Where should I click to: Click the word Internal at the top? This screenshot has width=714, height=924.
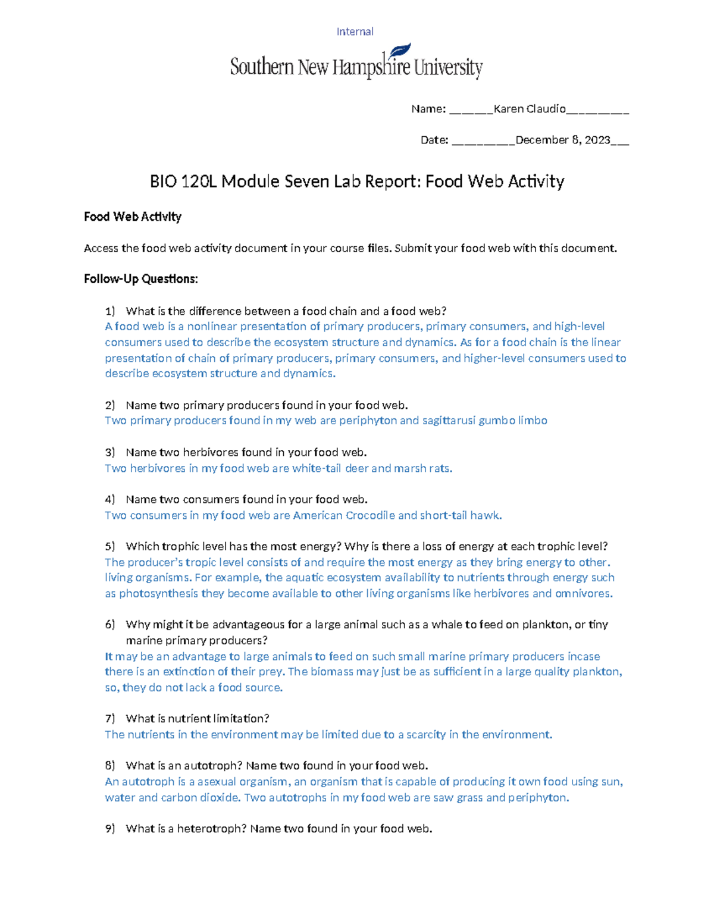(x=355, y=32)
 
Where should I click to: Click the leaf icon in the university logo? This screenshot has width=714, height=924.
(x=399, y=51)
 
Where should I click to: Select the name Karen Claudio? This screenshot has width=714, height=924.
(x=530, y=109)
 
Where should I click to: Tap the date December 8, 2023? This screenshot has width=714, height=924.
(x=562, y=140)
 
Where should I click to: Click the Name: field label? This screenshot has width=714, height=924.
(x=428, y=109)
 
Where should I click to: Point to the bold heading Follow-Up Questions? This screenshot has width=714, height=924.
(x=140, y=279)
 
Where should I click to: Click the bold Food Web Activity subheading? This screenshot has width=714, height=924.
(x=132, y=217)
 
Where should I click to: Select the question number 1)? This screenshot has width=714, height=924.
(x=110, y=311)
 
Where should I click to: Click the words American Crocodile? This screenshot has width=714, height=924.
(x=343, y=515)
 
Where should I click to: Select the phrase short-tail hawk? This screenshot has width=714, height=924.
(x=461, y=515)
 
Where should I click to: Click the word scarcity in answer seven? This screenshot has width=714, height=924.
(x=425, y=735)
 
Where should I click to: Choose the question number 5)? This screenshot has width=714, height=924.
(x=110, y=547)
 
